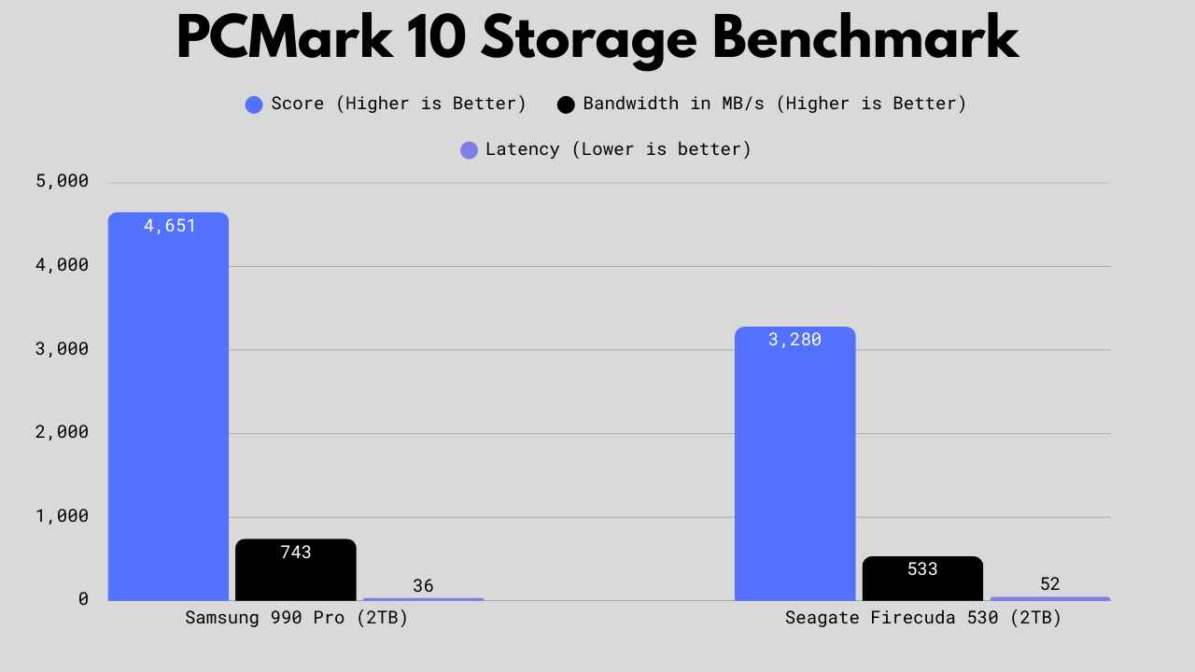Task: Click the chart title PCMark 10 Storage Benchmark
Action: [597, 39]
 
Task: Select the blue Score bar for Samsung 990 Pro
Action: [168, 411]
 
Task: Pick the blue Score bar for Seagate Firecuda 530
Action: [794, 467]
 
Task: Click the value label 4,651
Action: [170, 226]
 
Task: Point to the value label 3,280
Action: [794, 340]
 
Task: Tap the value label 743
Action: [296, 553]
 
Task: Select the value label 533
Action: [922, 569]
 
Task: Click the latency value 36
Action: [423, 586]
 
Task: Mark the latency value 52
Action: [1050, 584]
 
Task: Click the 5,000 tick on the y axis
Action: [62, 181]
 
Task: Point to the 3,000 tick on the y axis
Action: [62, 349]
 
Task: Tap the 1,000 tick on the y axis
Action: [62, 516]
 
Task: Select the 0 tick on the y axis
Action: [83, 599]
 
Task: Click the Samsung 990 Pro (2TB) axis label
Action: [296, 618]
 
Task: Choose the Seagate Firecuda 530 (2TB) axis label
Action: [922, 618]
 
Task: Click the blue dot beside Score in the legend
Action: [254, 105]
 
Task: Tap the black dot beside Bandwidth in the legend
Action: [566, 105]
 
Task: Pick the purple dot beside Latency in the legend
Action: [469, 150]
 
